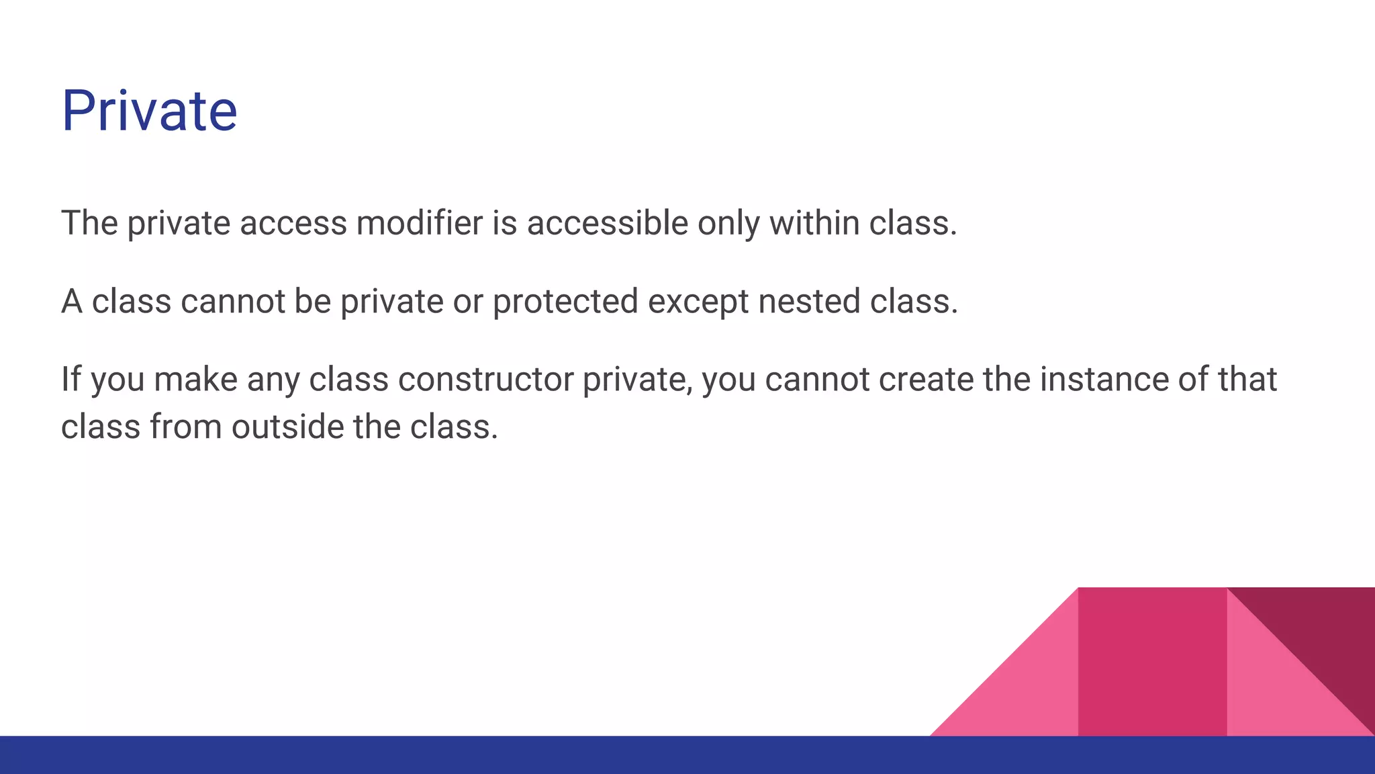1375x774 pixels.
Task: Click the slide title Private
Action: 149,111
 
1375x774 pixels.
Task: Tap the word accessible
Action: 607,224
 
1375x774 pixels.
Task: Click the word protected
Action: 565,302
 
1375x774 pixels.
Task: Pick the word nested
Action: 809,302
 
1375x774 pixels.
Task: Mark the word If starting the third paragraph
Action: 70,380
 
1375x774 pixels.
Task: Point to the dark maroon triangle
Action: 1326,632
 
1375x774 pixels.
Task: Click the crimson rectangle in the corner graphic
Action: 1152,662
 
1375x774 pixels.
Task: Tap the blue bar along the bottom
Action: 687,755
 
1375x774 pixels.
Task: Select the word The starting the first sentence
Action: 89,224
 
